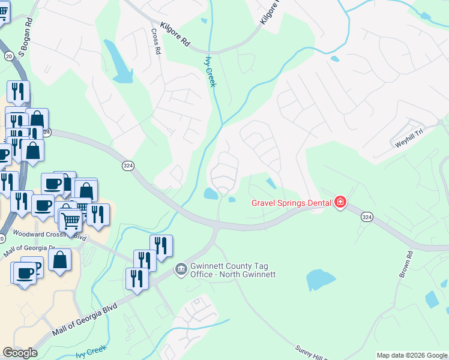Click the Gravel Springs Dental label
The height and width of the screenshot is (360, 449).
(x=291, y=202)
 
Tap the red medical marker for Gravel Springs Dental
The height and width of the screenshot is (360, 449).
(x=340, y=202)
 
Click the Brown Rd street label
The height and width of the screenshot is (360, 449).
(x=406, y=264)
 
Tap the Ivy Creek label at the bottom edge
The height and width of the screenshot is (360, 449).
(x=91, y=352)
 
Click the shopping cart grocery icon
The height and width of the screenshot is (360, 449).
(x=70, y=221)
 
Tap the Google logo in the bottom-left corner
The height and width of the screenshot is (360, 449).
(x=20, y=353)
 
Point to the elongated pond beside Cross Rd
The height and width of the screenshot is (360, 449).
(x=118, y=62)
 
